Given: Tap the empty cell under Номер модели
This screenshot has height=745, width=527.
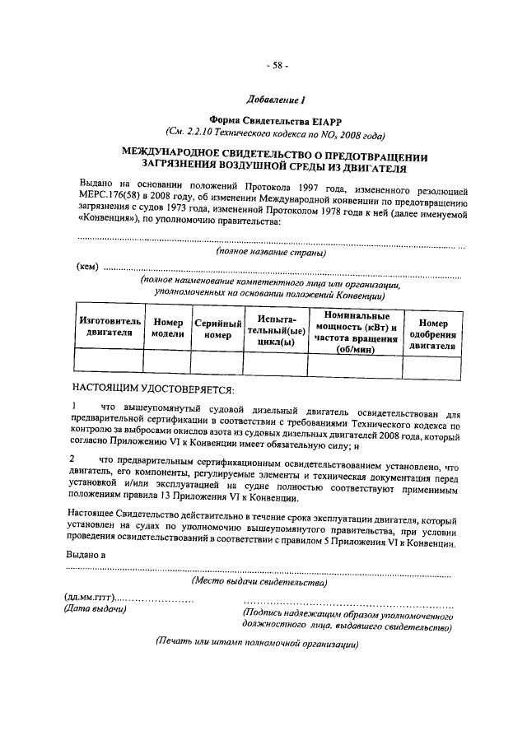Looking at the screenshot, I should click(167, 362).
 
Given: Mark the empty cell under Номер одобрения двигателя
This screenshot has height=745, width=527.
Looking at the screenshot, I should click(433, 362).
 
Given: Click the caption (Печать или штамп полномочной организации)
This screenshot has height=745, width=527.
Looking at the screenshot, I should click(258, 643).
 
